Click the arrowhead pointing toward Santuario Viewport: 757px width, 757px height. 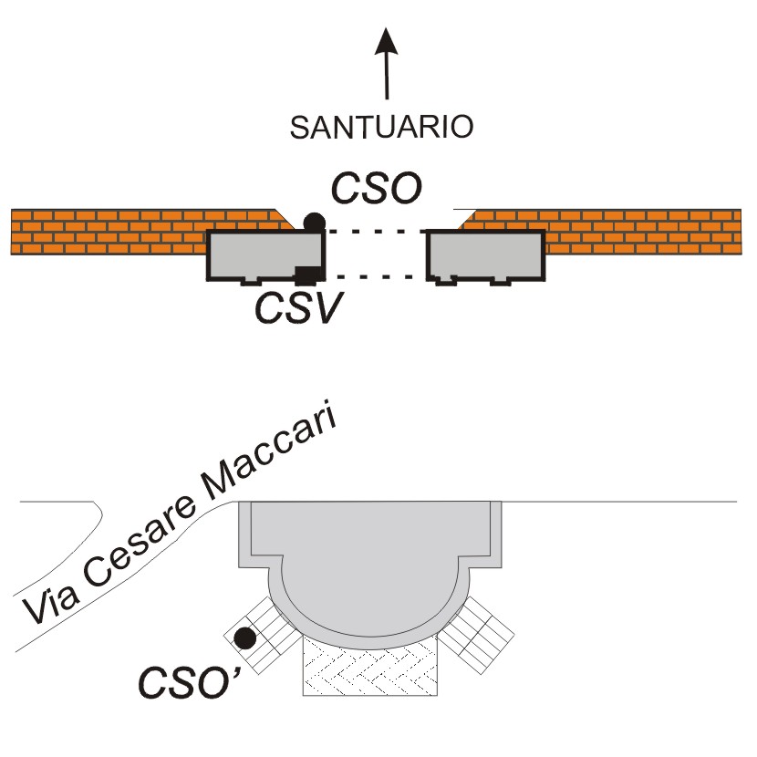(x=387, y=42)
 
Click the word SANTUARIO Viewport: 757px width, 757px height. (x=381, y=126)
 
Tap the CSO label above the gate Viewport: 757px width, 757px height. (x=376, y=190)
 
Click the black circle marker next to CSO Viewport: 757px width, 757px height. (x=315, y=220)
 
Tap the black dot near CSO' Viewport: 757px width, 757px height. (x=244, y=638)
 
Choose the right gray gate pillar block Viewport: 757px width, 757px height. (x=486, y=254)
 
